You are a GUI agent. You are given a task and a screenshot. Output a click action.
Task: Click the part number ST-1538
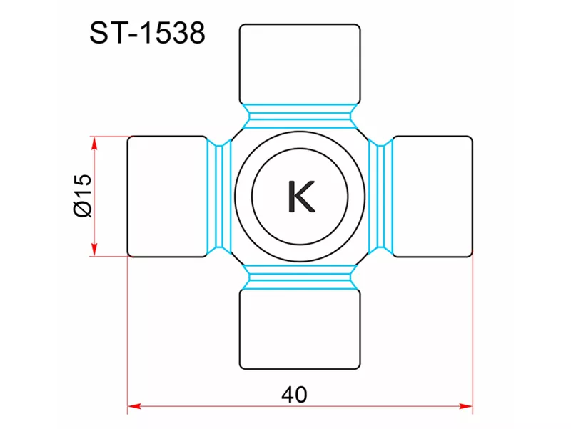147,33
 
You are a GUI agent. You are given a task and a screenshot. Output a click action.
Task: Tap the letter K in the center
301,196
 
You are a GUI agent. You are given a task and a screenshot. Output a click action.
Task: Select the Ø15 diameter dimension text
83,196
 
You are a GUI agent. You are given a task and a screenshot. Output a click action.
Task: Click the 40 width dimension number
294,395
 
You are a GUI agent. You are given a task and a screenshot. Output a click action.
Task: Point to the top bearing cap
300,64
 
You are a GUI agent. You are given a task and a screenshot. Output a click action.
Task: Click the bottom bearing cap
300,329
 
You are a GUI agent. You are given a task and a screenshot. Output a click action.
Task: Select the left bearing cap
167,196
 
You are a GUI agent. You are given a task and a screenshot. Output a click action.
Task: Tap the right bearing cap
433,196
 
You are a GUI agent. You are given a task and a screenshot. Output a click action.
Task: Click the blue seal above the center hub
300,117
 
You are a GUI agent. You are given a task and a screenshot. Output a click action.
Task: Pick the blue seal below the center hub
300,277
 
